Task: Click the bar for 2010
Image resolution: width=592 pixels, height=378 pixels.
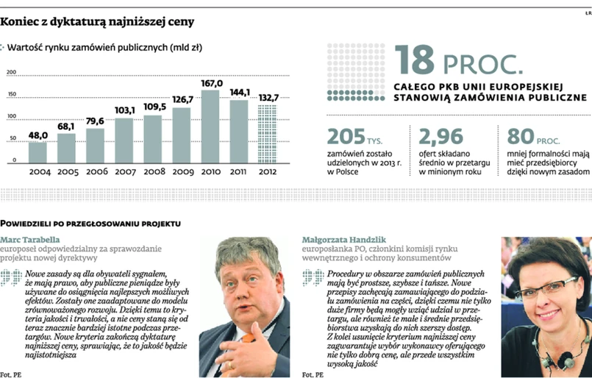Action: click(210, 126)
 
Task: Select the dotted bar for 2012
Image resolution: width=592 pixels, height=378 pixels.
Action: click(266, 134)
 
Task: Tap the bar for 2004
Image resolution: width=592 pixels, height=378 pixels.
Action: click(38, 151)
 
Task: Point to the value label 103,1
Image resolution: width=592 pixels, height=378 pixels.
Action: click(124, 110)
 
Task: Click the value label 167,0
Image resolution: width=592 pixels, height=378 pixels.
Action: click(210, 84)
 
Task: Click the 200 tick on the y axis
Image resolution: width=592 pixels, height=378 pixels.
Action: click(11, 72)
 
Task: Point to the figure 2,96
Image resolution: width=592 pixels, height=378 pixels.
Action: click(443, 137)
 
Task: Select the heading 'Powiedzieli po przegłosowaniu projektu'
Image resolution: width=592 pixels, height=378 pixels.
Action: click(90, 221)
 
